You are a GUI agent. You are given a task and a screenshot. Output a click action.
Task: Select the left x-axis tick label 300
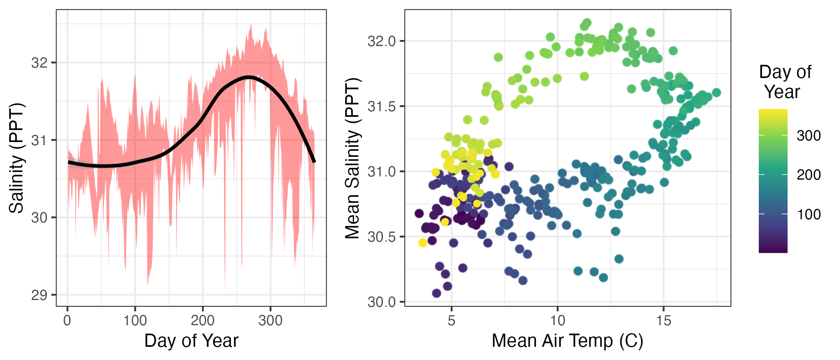(270, 321)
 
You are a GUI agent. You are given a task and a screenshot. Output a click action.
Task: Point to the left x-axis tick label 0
(67, 321)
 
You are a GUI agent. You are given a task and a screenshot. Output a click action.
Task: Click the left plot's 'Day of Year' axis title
(191, 341)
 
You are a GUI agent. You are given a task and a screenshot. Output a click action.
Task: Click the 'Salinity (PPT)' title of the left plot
(17, 158)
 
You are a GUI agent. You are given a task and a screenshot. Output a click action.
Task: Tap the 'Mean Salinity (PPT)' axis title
(353, 158)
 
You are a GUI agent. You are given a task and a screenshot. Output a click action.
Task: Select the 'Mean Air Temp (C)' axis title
(567, 341)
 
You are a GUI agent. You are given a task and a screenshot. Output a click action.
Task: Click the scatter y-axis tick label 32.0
(381, 41)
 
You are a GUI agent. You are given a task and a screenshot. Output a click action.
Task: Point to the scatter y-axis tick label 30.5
(381, 237)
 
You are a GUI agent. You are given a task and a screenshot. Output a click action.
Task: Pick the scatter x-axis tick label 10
(557, 321)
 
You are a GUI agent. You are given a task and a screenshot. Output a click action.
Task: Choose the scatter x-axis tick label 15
(663, 321)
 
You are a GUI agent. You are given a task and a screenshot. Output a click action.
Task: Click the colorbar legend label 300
(808, 136)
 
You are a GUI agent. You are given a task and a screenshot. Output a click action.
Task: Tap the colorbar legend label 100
(808, 215)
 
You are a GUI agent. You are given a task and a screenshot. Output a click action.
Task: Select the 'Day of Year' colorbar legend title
(785, 82)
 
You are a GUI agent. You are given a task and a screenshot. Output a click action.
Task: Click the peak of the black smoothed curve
(249, 77)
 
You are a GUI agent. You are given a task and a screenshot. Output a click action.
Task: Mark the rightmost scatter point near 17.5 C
(716, 92)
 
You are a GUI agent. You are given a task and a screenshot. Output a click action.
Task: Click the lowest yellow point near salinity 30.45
(422, 243)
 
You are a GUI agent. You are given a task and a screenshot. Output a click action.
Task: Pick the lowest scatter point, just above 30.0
(436, 293)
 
